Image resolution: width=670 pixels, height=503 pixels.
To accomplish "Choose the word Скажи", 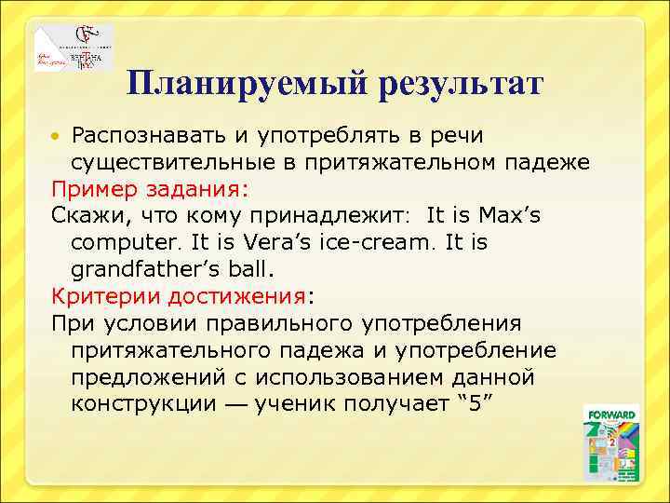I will (86, 216).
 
